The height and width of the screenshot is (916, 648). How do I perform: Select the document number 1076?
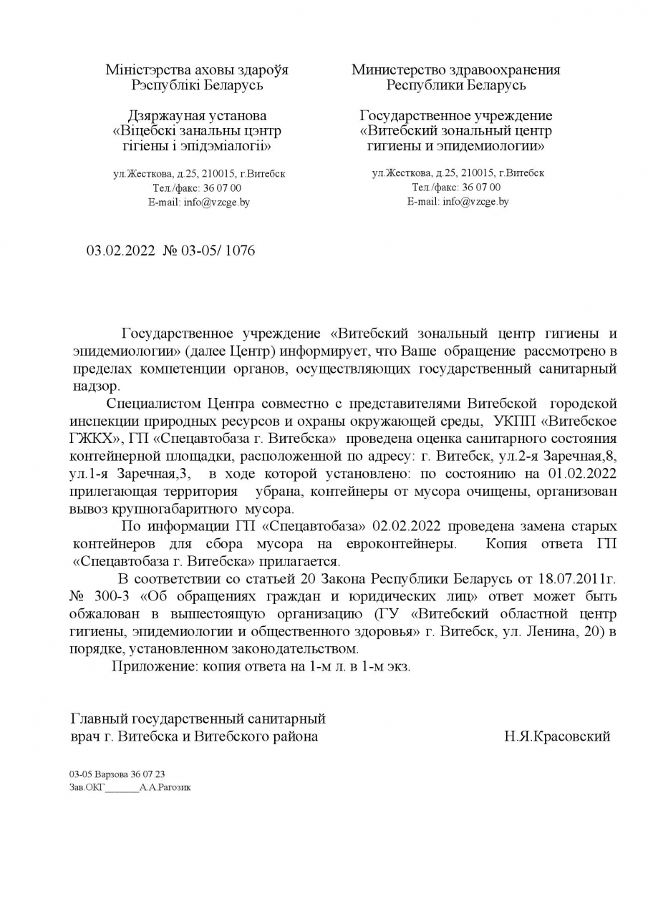239,250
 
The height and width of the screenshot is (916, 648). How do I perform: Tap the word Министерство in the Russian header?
396,70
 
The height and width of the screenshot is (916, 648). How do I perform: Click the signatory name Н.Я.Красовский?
557,736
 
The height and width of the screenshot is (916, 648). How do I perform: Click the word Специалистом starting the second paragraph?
153,404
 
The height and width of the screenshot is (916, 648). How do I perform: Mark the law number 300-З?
105,596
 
